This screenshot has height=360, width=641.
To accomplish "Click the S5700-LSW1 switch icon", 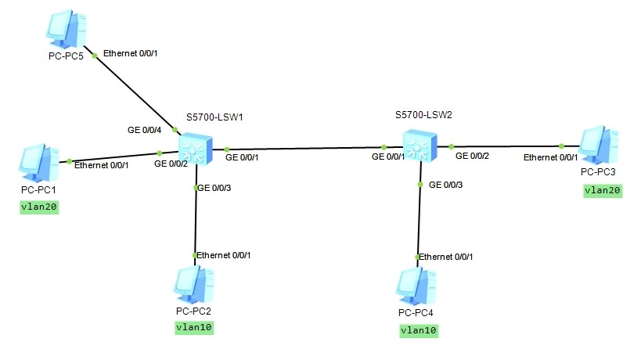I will [193, 148].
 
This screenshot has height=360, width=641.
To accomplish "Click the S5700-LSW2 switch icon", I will [418, 146].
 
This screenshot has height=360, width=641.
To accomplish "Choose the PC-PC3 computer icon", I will [598, 146].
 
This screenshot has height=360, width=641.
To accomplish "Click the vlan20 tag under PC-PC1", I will [40, 207].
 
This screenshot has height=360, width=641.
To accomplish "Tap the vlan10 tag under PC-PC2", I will [193, 328].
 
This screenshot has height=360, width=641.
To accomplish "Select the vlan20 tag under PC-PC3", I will [603, 190].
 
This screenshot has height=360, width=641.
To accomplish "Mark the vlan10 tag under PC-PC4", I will [418, 330].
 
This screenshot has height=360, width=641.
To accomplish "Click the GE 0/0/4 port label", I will [145, 129].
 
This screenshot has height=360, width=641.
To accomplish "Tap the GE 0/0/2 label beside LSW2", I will [474, 157].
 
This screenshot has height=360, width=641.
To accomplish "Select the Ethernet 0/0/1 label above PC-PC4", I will [446, 257].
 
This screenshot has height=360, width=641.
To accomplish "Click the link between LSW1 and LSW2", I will [305, 147].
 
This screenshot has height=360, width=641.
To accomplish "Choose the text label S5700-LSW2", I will [424, 114].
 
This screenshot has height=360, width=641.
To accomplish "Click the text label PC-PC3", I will [598, 171].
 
